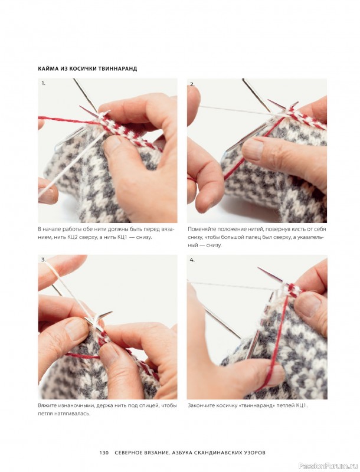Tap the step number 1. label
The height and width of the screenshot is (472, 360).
[x=43, y=83]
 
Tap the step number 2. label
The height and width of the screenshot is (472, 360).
[x=192, y=84]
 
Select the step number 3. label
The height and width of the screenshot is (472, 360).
[x=43, y=260]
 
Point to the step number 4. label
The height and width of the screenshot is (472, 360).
[x=192, y=260]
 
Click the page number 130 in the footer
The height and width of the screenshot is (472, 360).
[x=104, y=453]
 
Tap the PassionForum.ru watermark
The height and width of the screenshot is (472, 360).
[x=329, y=466]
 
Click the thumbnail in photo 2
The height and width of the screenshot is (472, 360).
[x=252, y=150]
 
